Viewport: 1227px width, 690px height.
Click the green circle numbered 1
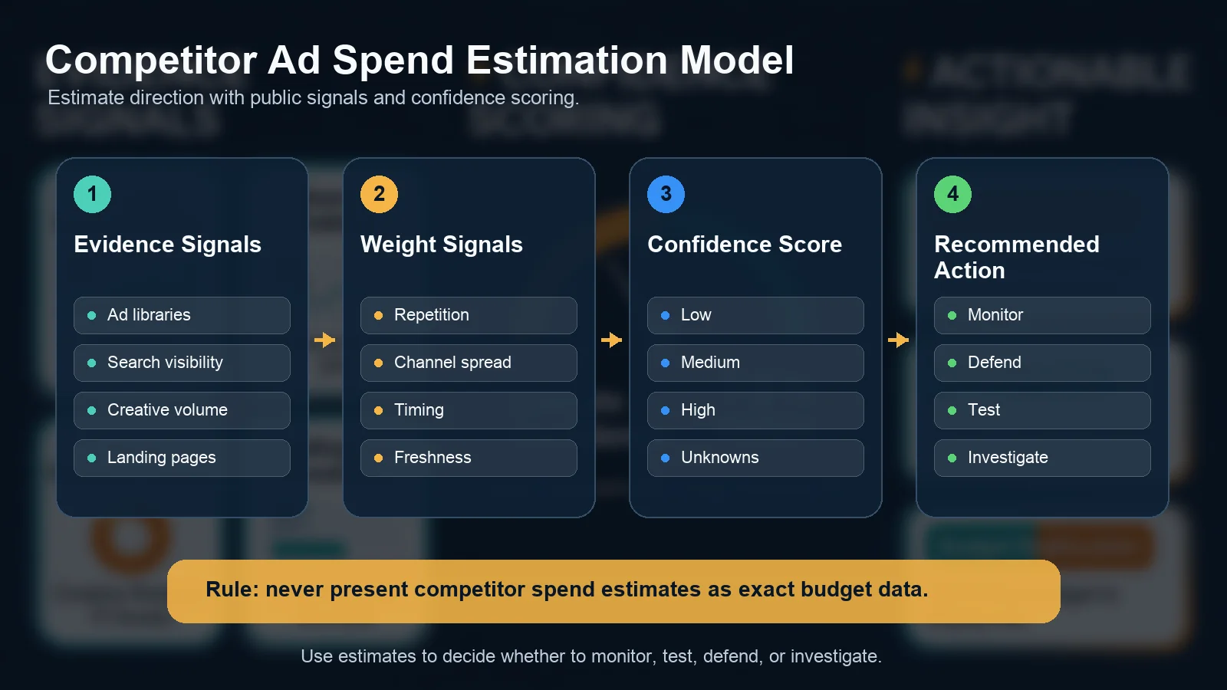pyautogui.click(x=92, y=194)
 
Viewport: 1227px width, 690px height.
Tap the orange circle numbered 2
pyautogui.click(x=379, y=194)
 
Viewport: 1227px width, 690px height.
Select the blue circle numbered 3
pyautogui.click(x=666, y=194)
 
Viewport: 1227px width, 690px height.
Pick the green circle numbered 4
pyautogui.click(x=952, y=194)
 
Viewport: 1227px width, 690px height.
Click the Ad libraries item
pyautogui.click(x=182, y=315)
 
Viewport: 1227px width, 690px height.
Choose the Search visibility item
pyautogui.click(x=182, y=363)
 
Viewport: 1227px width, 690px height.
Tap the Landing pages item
pyautogui.click(x=182, y=458)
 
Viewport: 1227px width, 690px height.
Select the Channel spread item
pyautogui.click(x=469, y=363)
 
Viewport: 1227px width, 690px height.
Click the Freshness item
pyautogui.click(x=469, y=458)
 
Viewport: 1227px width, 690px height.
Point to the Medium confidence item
pyautogui.click(x=755, y=363)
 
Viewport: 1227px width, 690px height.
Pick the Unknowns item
pyautogui.click(x=755, y=458)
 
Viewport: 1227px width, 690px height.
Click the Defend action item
pyautogui.click(x=1042, y=363)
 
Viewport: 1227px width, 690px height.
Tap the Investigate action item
pyautogui.click(x=1042, y=458)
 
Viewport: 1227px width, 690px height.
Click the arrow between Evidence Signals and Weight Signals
pyautogui.click(x=325, y=340)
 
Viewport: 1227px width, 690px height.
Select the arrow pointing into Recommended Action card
pyautogui.click(x=899, y=340)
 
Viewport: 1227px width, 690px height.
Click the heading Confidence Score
pyautogui.click(x=744, y=245)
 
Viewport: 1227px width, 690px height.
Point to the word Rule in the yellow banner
pyautogui.click(x=232, y=590)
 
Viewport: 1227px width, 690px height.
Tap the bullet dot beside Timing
pyautogui.click(x=378, y=411)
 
